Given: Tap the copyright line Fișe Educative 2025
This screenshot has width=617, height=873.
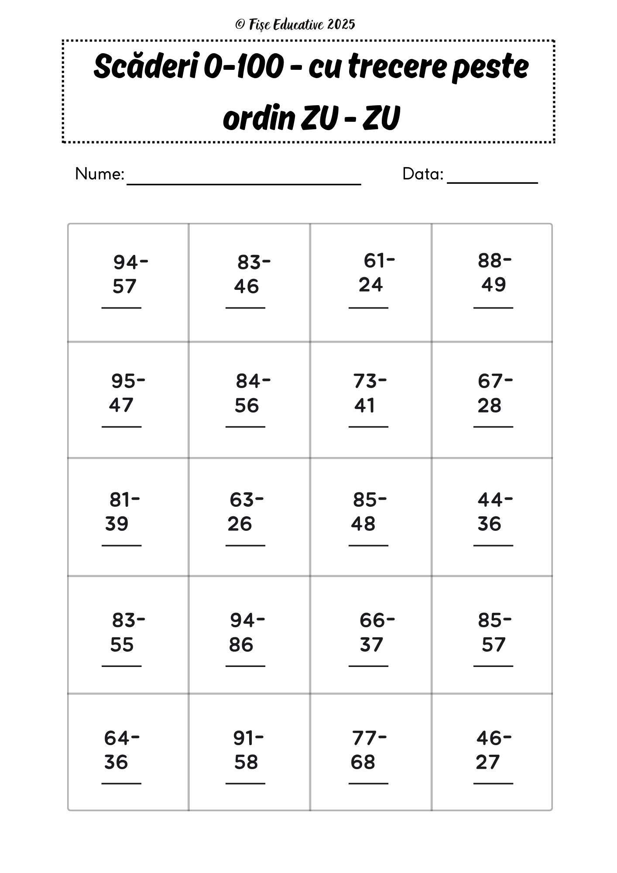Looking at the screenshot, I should [295, 24].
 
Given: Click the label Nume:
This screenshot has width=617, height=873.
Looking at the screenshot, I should [99, 174].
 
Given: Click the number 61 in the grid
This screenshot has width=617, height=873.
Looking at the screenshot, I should [374, 261].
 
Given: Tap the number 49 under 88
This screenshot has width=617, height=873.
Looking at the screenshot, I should [494, 285].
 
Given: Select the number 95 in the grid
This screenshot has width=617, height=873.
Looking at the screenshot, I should [123, 381].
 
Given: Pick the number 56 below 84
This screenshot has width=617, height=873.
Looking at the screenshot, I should [247, 406].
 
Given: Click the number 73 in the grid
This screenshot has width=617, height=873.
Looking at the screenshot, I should [364, 381].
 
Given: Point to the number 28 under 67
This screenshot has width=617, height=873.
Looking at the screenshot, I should [489, 406].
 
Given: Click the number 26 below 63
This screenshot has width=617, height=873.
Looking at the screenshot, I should [240, 524].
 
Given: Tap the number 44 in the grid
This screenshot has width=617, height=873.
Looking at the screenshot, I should [490, 500].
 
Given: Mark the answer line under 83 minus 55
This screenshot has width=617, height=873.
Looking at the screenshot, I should [121, 666].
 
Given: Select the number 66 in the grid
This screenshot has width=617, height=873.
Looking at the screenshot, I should [372, 620].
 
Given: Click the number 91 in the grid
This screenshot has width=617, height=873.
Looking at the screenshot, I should [243, 738].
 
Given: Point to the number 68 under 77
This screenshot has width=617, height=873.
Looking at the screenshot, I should [363, 762].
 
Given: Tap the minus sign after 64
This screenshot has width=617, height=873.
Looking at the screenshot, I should [135, 738].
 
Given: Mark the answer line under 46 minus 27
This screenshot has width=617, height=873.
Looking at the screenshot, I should [493, 784].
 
